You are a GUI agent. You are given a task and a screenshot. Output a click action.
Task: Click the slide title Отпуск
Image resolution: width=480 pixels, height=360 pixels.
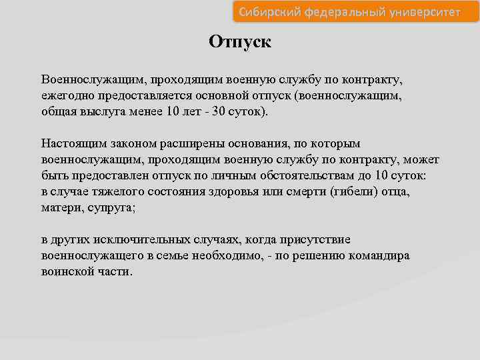240,41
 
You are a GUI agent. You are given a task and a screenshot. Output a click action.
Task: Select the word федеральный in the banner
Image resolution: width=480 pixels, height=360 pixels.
341,13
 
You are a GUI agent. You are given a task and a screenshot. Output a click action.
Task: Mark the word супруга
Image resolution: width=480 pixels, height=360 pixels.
112,208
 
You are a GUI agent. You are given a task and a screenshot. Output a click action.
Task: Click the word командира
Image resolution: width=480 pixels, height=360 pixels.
379,256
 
